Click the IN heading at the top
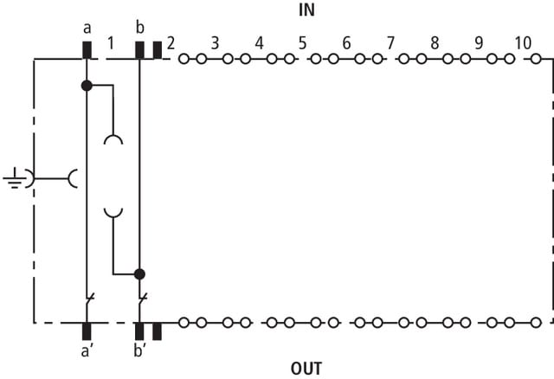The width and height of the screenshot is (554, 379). [306, 10]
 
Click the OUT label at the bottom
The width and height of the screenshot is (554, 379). [306, 369]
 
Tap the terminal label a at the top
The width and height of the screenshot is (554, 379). [87, 29]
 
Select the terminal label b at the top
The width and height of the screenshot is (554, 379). [140, 27]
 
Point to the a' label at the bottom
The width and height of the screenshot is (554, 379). [86, 351]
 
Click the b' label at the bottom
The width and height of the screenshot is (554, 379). [140, 350]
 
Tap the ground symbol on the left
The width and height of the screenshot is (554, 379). [14, 178]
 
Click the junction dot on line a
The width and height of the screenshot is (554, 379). [87, 86]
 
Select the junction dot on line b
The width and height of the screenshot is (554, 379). [139, 274]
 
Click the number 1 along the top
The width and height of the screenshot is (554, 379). [111, 43]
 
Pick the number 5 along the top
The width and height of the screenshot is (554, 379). [302, 43]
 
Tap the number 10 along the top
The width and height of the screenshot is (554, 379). [523, 43]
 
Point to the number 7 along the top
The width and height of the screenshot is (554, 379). [390, 43]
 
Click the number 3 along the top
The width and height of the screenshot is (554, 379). [215, 43]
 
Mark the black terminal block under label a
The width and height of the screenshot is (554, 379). [87, 50]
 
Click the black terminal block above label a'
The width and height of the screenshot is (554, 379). [87, 331]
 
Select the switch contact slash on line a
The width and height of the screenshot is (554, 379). [90, 299]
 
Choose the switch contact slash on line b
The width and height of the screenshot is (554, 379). [143, 299]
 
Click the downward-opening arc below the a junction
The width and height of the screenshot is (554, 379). [113, 136]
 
